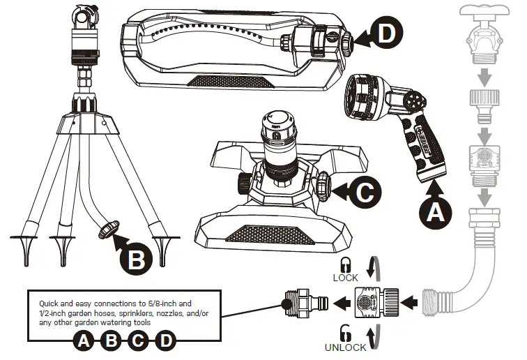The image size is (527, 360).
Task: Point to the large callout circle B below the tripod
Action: (x=136, y=259)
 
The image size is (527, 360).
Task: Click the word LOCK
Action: (x=344, y=278)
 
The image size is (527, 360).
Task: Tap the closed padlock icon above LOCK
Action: (x=344, y=264)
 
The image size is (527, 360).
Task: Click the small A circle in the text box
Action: (x=84, y=341)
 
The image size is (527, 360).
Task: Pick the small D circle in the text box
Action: (x=165, y=341)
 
